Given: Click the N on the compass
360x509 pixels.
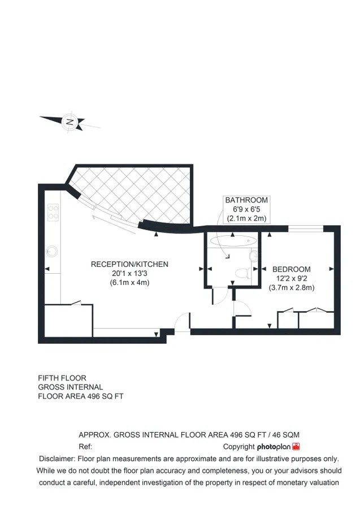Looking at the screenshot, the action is (x=70, y=122).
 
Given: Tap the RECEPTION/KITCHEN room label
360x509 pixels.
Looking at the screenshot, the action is (x=129, y=264).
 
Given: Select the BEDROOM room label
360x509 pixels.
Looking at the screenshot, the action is (x=291, y=269).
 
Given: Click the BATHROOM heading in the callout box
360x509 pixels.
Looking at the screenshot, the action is (x=246, y=200).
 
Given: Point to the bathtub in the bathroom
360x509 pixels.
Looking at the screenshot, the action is (x=233, y=240).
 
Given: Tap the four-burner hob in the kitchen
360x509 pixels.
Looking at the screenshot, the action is (x=53, y=212).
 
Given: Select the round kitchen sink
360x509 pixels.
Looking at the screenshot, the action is (x=52, y=251).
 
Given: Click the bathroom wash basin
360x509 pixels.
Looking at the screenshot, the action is (x=254, y=256).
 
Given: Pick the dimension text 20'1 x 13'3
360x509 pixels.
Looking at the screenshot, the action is (x=129, y=273).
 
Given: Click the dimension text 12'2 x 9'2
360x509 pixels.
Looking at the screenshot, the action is (x=291, y=278).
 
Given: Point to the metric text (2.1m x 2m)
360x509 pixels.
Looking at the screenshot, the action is (x=246, y=218).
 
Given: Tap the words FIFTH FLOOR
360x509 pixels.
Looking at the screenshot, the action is (x=62, y=378).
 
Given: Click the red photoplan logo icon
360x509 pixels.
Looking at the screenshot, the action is (x=296, y=446).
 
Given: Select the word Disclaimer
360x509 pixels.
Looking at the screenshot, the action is (x=57, y=459).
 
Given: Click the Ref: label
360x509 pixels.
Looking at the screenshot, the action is (x=85, y=446).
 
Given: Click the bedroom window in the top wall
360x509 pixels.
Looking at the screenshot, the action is (x=306, y=228).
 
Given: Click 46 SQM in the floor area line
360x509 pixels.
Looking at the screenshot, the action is (x=286, y=435).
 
